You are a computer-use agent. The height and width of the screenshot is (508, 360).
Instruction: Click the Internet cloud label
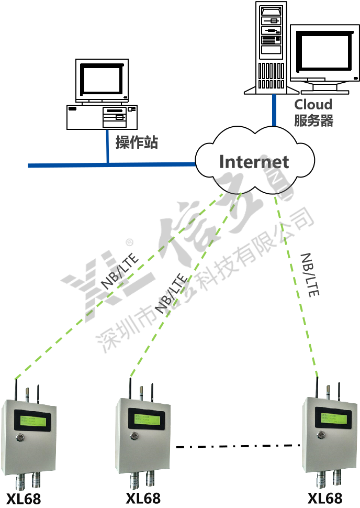click(254, 162)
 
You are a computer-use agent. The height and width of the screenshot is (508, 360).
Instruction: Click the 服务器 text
click(313, 121)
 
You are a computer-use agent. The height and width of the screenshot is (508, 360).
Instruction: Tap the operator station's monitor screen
click(102, 79)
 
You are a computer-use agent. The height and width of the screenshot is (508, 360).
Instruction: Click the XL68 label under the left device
click(24, 498)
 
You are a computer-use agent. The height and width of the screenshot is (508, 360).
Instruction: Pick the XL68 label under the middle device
click(143, 498)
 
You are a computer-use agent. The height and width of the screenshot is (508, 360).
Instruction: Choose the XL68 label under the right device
click(324, 498)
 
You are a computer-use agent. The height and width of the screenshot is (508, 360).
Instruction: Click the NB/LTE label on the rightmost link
click(309, 275)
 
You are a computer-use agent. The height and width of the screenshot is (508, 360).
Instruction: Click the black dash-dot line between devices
click(238, 446)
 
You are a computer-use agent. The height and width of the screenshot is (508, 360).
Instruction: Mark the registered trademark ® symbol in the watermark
click(129, 242)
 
